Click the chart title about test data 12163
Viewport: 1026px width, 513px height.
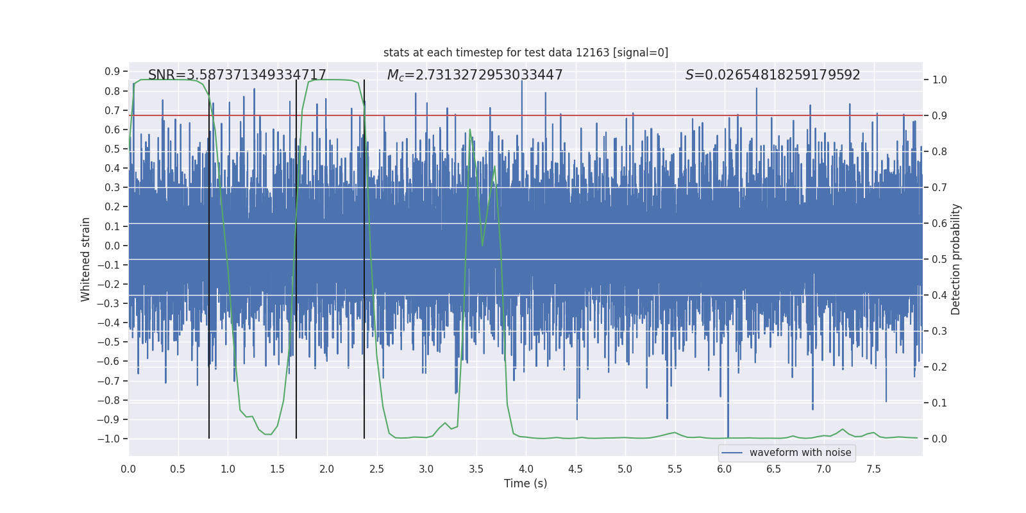526,53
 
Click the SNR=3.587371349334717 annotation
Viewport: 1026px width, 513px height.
237,75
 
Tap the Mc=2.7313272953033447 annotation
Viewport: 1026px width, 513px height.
475,75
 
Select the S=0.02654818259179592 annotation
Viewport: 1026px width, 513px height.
773,75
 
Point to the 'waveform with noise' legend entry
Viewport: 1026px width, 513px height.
800,453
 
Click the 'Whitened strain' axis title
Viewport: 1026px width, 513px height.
86,259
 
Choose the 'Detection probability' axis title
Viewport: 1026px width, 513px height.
956,259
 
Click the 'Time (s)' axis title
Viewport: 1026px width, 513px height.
525,484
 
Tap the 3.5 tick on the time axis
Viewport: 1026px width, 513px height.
476,469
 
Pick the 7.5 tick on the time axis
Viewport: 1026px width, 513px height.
873,469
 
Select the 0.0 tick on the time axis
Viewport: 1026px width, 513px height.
128,469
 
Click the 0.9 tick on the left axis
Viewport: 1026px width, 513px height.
112,72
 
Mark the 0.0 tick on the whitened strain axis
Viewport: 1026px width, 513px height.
112,246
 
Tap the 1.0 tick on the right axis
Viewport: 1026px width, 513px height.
939,80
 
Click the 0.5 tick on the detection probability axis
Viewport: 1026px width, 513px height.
939,260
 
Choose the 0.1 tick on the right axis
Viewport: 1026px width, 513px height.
939,403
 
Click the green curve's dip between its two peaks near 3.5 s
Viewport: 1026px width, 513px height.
482,245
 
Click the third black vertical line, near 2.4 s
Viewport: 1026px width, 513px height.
364,256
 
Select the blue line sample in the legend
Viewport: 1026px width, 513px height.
732,453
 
